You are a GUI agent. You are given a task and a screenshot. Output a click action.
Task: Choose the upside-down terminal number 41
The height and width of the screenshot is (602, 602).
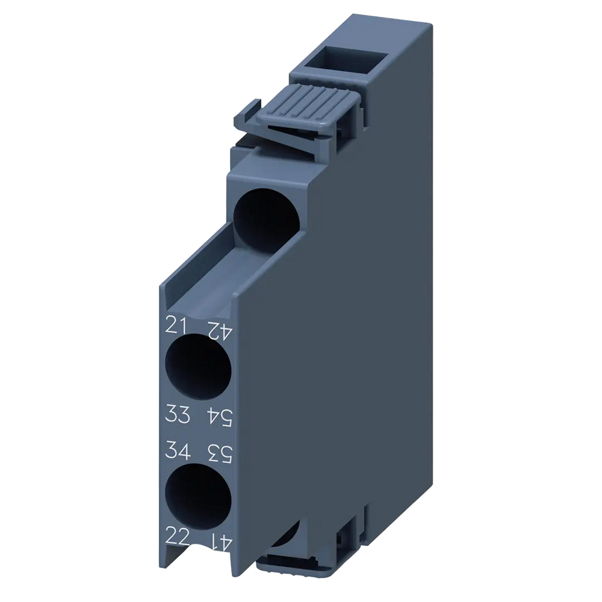[x=220, y=535]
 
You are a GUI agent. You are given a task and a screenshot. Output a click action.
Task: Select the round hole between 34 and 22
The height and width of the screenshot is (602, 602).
[x=199, y=492]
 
